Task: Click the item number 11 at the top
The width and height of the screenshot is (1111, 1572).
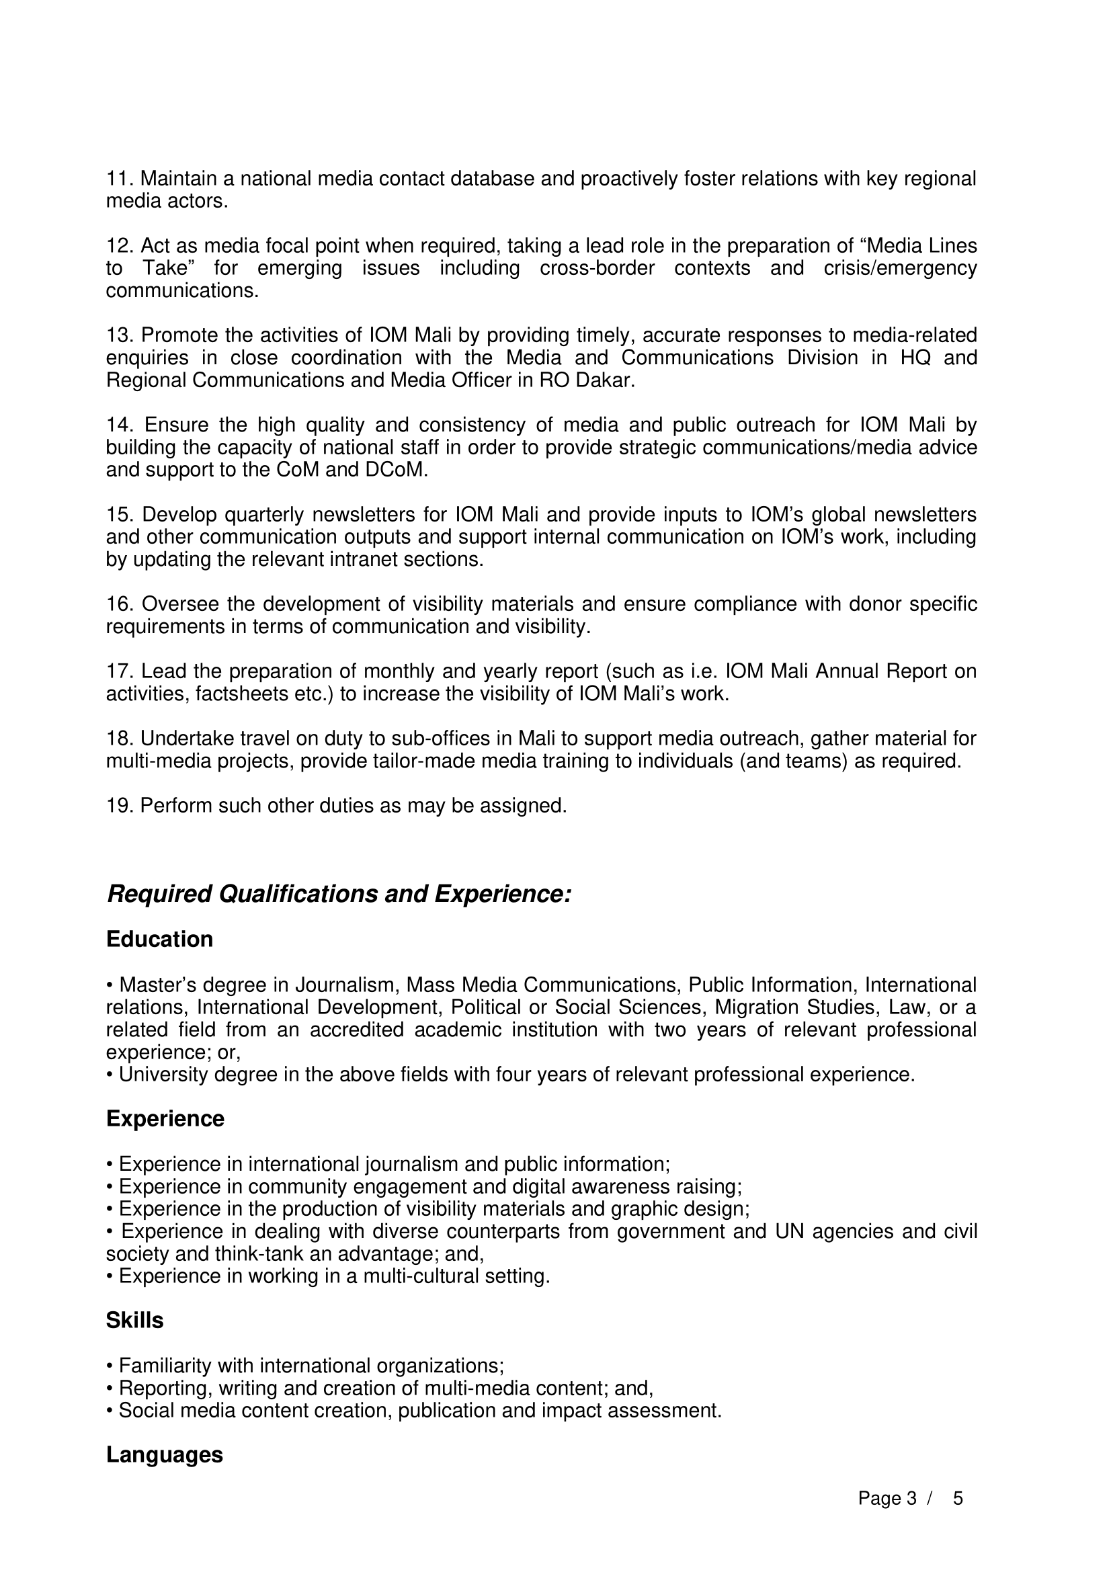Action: point(120,179)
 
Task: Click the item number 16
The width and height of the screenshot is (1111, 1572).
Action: point(120,605)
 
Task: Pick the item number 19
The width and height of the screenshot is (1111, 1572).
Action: point(120,806)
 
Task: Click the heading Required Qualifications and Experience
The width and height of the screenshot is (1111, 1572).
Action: point(339,894)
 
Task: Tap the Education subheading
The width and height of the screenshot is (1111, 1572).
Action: point(159,940)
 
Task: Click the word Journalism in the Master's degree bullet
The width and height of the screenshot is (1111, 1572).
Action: point(347,985)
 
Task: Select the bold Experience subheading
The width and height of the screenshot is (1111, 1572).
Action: point(165,1119)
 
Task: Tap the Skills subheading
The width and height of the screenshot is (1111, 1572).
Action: point(135,1320)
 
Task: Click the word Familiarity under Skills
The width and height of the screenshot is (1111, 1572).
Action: point(165,1366)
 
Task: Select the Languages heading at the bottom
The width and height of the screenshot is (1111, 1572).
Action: point(164,1455)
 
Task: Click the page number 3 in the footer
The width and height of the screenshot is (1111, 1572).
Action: point(911,1499)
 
